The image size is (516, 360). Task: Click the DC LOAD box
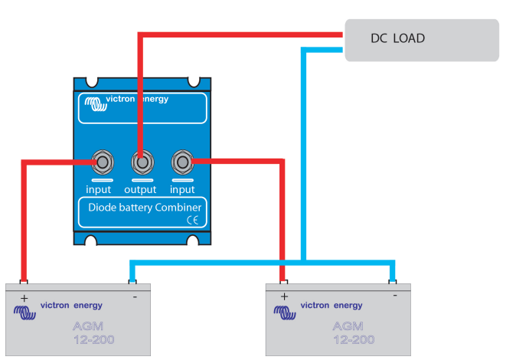pos(422,39)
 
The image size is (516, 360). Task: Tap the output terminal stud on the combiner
pos(140,163)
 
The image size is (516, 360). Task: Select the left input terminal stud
pos(100,162)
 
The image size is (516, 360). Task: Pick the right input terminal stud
pos(181,162)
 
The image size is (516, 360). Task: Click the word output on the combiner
pos(140,189)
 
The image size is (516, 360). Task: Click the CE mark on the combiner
pos(192,220)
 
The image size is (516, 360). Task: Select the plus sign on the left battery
pos(24,297)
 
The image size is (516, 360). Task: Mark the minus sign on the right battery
pos(395,295)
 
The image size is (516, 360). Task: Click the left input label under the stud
pos(99,189)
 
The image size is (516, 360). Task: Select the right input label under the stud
pos(182,189)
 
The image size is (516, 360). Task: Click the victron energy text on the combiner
pos(137,100)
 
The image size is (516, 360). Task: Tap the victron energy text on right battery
pos(331,305)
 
